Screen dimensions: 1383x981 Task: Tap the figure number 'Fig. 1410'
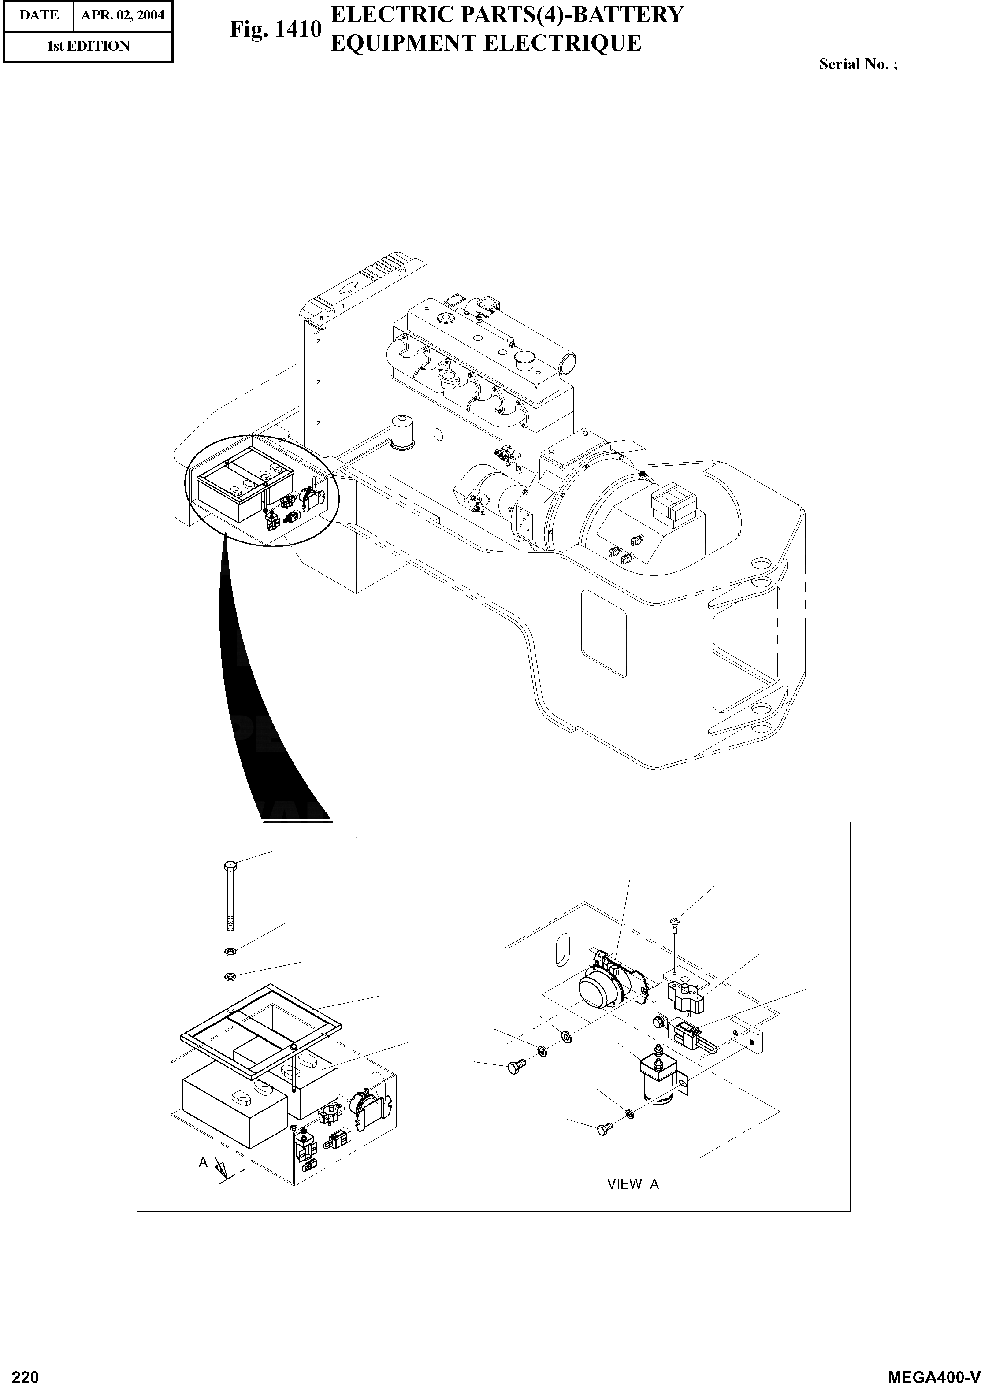pyautogui.click(x=275, y=29)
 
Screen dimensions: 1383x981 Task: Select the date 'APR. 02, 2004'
pyautogui.click(x=123, y=15)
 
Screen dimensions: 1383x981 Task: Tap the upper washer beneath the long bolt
pyautogui.click(x=230, y=953)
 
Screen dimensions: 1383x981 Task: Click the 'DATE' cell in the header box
pyautogui.click(x=39, y=15)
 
